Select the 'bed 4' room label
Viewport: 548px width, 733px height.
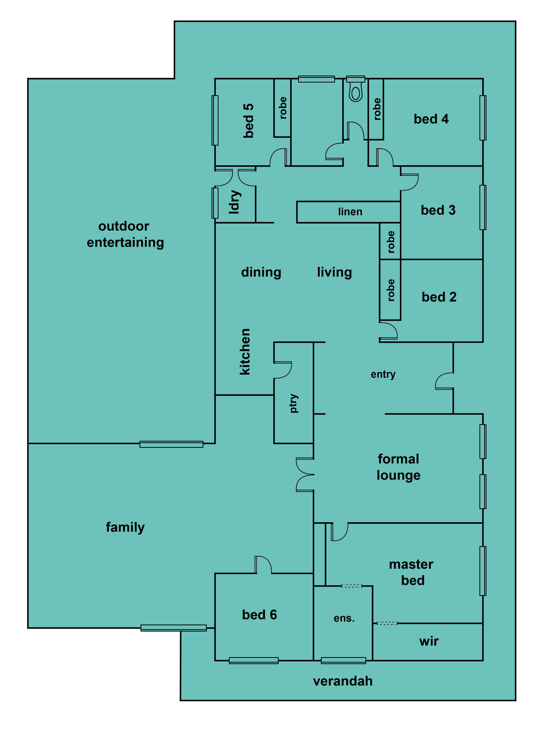click(431, 119)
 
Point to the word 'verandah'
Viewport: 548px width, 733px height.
click(343, 681)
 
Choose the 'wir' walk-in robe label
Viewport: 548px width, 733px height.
click(429, 641)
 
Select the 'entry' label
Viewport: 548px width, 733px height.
click(383, 374)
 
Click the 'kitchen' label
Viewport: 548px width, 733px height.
click(245, 352)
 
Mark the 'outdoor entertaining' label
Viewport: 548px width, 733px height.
click(125, 234)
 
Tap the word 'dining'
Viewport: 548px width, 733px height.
click(261, 272)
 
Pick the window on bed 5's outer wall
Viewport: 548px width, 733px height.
click(215, 120)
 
